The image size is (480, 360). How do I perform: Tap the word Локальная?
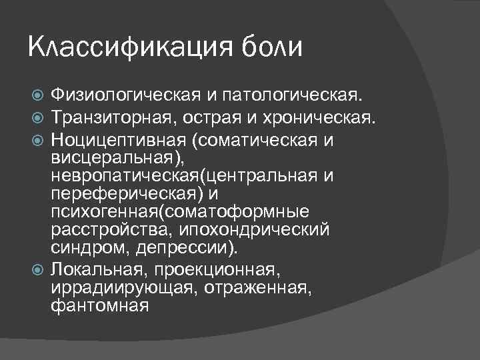click(x=97, y=270)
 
